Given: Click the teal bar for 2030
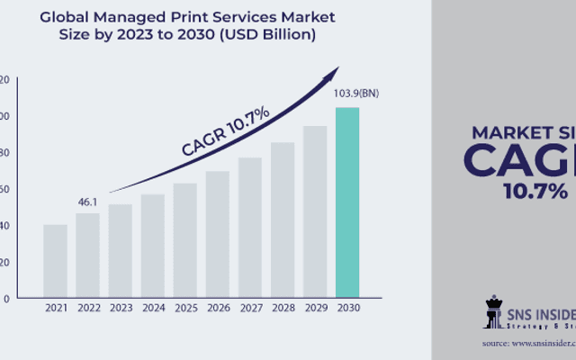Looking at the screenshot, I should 347,202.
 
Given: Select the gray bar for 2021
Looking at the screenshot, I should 55,261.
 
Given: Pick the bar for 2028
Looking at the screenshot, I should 283,220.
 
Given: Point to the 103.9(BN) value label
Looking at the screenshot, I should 347,94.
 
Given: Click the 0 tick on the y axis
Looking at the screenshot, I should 6,298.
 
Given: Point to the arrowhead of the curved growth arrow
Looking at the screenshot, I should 336,70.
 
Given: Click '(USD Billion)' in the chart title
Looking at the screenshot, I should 270,36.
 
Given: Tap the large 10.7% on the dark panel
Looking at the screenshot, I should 535,191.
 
